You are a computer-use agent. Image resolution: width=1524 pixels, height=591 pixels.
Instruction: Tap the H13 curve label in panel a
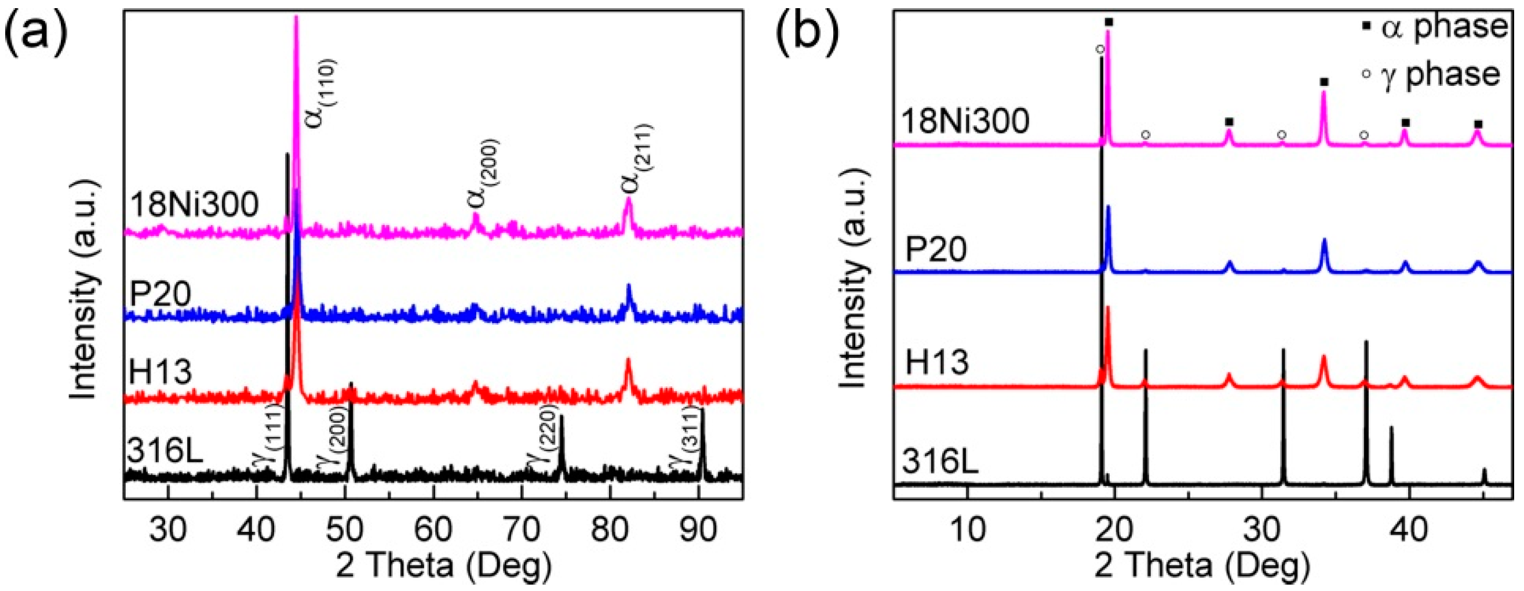coord(160,372)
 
